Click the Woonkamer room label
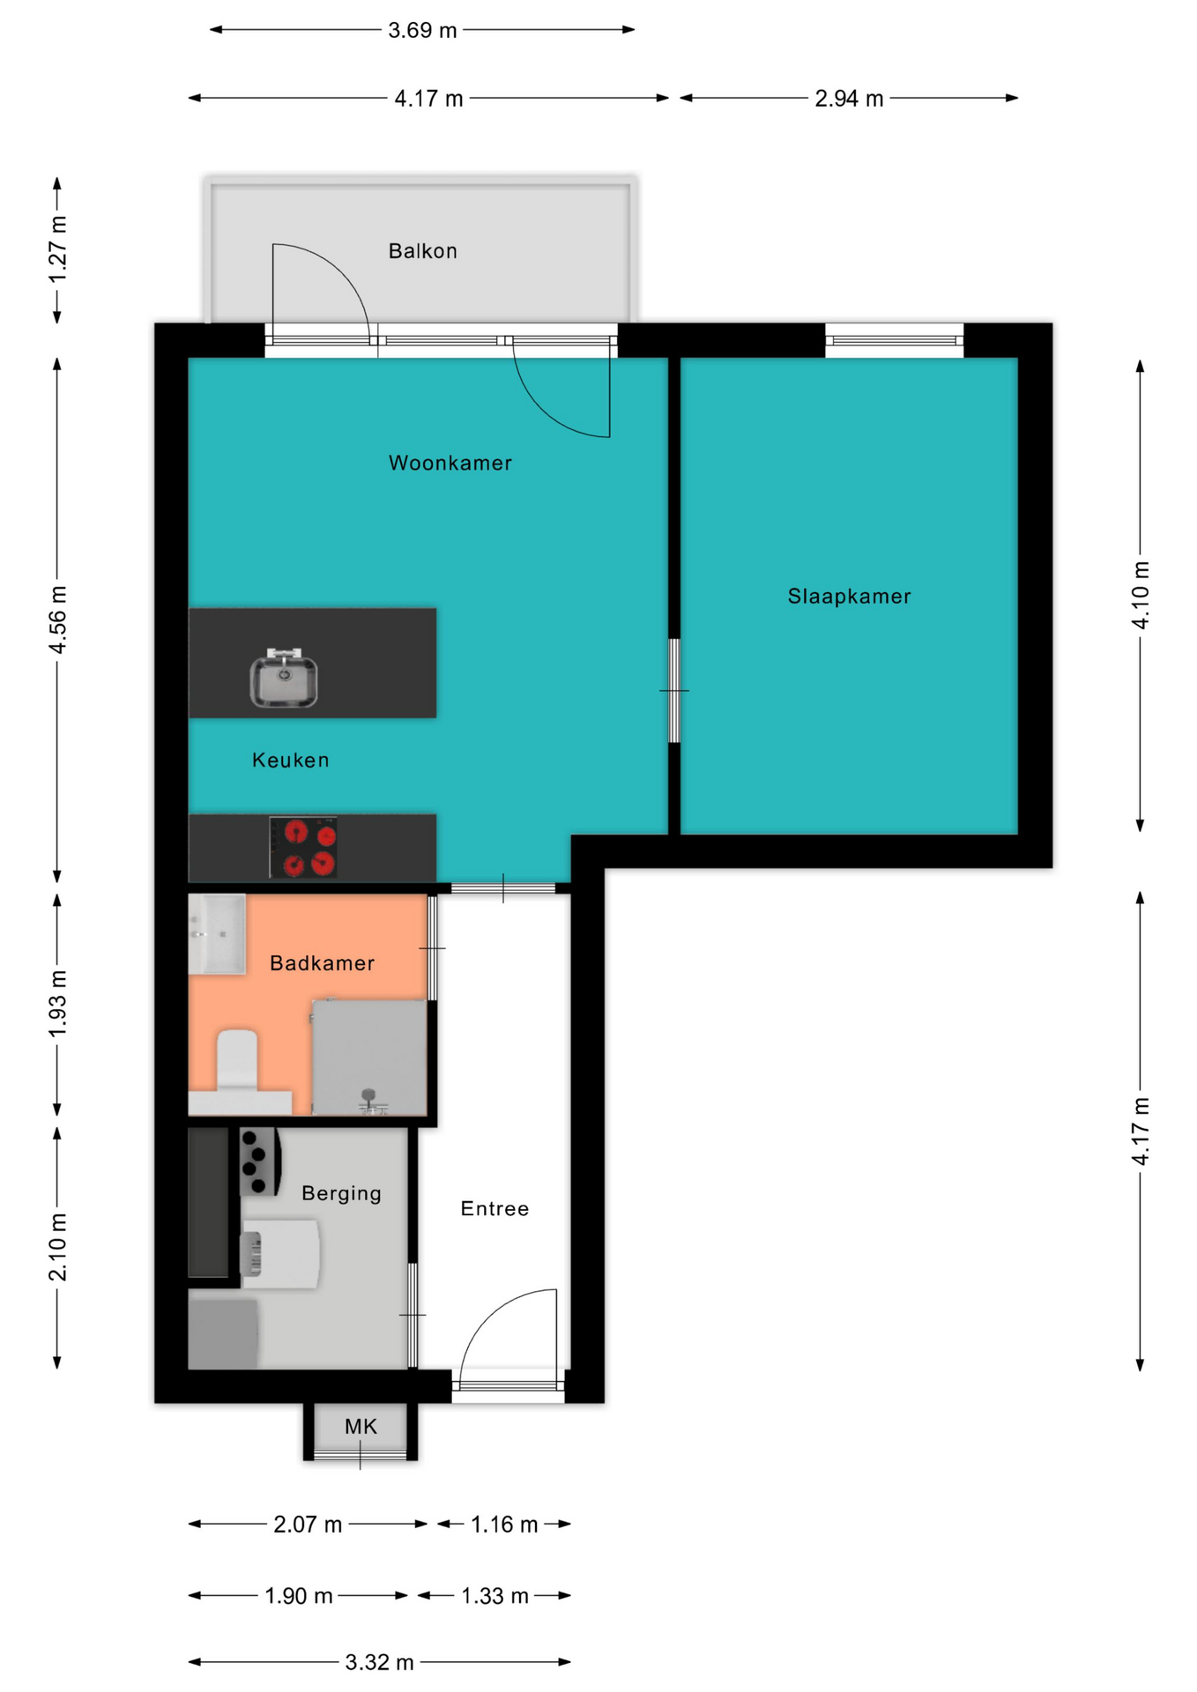tap(450, 463)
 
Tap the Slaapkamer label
tap(849, 596)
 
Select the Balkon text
tap(422, 251)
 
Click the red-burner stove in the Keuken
tap(303, 847)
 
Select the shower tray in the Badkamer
tap(369, 1057)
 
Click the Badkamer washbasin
tap(217, 934)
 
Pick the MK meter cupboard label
tap(361, 1426)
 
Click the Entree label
tap(494, 1208)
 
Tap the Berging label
tap(341, 1193)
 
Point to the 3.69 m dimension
tap(422, 30)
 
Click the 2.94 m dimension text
tap(849, 98)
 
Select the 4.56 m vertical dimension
tap(57, 620)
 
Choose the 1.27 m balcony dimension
tap(57, 250)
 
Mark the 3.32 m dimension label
tap(379, 1662)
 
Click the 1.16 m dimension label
tap(504, 1524)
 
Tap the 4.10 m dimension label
tap(1141, 595)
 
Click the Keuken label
tap(290, 760)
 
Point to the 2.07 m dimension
tap(308, 1524)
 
